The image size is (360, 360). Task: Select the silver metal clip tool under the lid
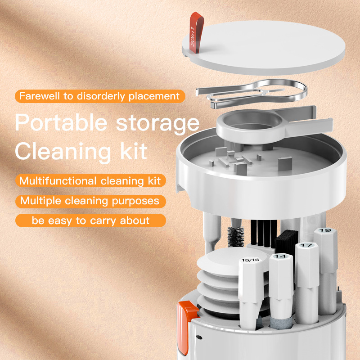[x=252, y=92]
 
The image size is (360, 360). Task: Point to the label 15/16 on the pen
[x=250, y=260]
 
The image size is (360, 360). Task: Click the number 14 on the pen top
[x=280, y=256]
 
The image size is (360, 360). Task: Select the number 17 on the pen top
[x=306, y=245]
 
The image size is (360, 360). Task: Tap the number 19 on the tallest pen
[x=325, y=231]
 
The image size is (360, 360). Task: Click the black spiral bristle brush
[x=236, y=236]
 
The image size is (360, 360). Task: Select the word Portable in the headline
[x=59, y=123]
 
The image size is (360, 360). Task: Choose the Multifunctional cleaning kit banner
[x=90, y=181]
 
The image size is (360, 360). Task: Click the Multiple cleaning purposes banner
[x=90, y=201]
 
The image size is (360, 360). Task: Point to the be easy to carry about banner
[x=90, y=220]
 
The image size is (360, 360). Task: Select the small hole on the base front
[x=199, y=337]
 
